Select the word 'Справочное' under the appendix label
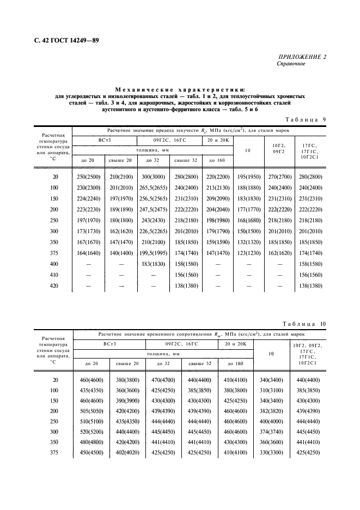point(291,64)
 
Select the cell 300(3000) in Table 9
point(153,178)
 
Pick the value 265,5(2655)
point(153,188)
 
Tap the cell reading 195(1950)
point(248,178)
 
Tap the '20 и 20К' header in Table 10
point(236,344)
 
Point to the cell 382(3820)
point(271,410)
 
